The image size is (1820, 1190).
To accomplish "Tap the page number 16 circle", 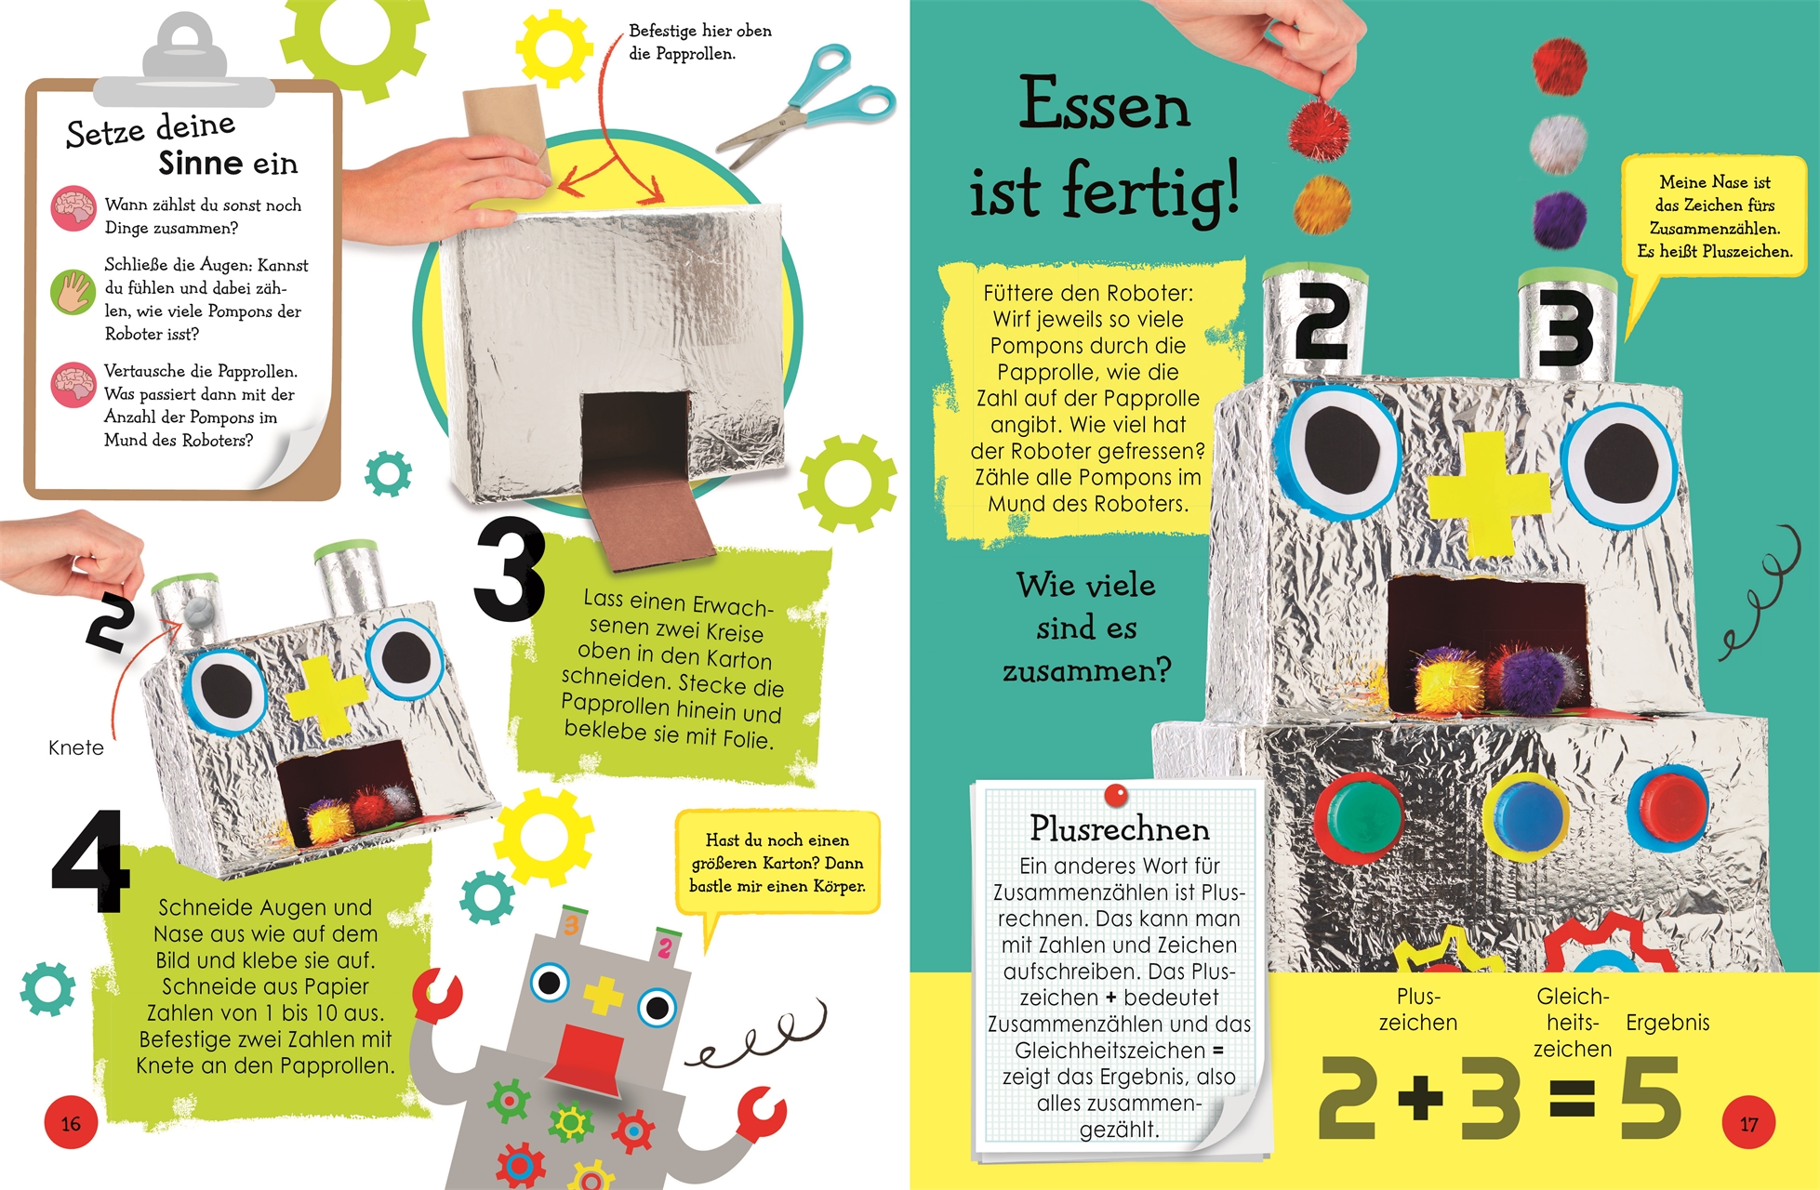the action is pos(71,1124).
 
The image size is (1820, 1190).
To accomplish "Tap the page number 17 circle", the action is pos(1748,1124).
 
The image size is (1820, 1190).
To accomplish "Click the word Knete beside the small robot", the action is pos(76,747).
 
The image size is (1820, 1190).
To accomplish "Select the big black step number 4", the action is pos(90,861).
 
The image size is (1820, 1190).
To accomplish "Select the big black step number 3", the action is pos(510,569).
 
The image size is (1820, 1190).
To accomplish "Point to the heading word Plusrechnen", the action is pos(1120,828).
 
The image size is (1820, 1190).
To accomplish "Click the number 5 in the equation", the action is pos(1650,1098).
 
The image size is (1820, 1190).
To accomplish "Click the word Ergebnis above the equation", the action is pos(1667,1023).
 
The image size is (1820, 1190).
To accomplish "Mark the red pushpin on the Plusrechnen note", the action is pos(1116,796).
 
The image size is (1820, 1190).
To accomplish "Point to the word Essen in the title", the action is pos(1105,104).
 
